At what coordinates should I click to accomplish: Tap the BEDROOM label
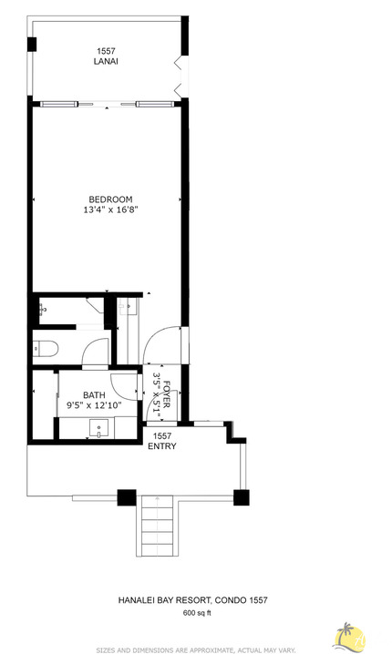[x=110, y=199]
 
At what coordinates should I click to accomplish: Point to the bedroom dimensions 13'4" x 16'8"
[x=110, y=210]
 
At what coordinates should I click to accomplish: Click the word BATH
[x=94, y=394]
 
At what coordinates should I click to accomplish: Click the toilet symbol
[x=44, y=347]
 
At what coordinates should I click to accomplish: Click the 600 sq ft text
[x=196, y=613]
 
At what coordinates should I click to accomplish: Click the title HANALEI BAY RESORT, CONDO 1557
[x=192, y=600]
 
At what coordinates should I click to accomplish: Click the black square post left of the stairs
[x=126, y=498]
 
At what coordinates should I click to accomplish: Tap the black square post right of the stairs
[x=241, y=497]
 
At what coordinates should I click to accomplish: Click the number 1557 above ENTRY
[x=162, y=435]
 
